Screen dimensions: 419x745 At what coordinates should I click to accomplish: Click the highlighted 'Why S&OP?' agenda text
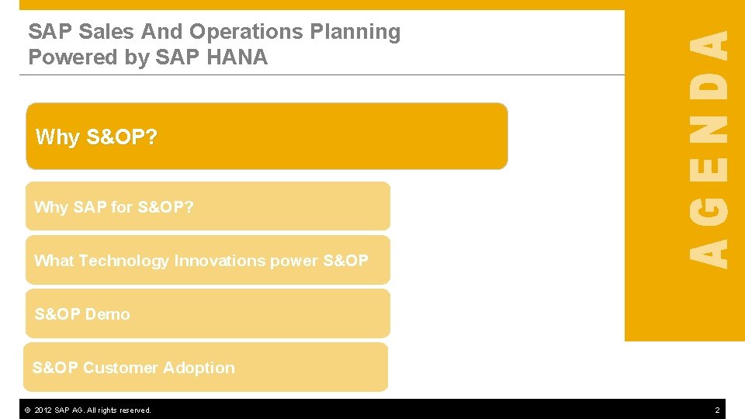point(96,137)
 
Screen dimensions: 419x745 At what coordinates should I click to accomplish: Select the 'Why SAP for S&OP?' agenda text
point(114,207)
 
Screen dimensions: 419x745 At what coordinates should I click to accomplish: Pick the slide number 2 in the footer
point(717,410)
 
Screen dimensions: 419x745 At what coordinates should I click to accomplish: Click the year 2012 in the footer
point(44,410)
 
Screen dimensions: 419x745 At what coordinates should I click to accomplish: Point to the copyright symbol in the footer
point(27,410)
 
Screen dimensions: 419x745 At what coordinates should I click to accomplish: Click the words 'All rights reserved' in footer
point(124,410)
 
